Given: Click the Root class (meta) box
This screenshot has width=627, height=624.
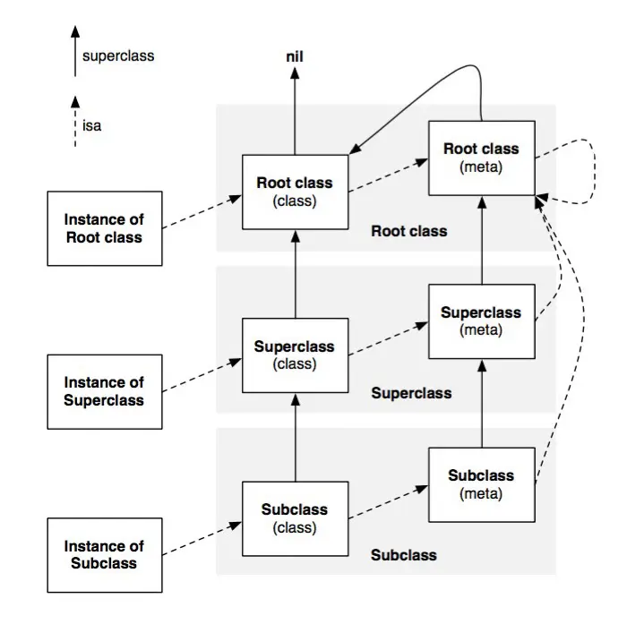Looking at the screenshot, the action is click(482, 158).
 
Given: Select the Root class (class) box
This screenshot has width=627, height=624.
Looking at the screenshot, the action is click(295, 192).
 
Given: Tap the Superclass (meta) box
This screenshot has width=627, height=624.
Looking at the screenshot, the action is click(482, 321).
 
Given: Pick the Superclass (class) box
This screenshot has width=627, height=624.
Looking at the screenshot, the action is click(295, 355).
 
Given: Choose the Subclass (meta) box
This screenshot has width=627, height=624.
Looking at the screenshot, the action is click(482, 484).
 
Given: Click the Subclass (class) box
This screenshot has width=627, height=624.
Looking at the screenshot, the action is click(295, 518).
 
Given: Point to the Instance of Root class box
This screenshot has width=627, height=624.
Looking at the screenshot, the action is click(105, 228).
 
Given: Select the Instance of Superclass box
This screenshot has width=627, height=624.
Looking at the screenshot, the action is click(105, 392).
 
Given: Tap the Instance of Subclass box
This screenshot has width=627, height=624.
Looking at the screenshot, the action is click(105, 555).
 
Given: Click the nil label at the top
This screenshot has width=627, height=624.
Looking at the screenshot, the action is click(295, 56).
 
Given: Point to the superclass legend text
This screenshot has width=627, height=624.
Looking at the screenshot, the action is click(118, 56).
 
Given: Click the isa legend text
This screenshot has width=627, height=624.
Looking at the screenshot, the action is click(91, 125).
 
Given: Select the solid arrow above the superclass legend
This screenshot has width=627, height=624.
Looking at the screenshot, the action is click(75, 51).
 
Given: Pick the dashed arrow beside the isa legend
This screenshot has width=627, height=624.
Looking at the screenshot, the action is click(75, 122).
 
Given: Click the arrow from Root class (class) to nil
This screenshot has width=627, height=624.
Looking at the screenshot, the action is click(295, 111).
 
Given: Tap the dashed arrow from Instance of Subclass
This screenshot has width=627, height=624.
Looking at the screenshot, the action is click(202, 538).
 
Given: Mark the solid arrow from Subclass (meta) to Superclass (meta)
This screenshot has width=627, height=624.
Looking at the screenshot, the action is click(482, 404).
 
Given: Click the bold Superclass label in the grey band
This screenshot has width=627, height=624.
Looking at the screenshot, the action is click(411, 393).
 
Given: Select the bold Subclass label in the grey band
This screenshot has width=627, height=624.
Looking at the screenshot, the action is click(403, 555).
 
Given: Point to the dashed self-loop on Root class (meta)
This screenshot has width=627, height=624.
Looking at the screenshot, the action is click(595, 172).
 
